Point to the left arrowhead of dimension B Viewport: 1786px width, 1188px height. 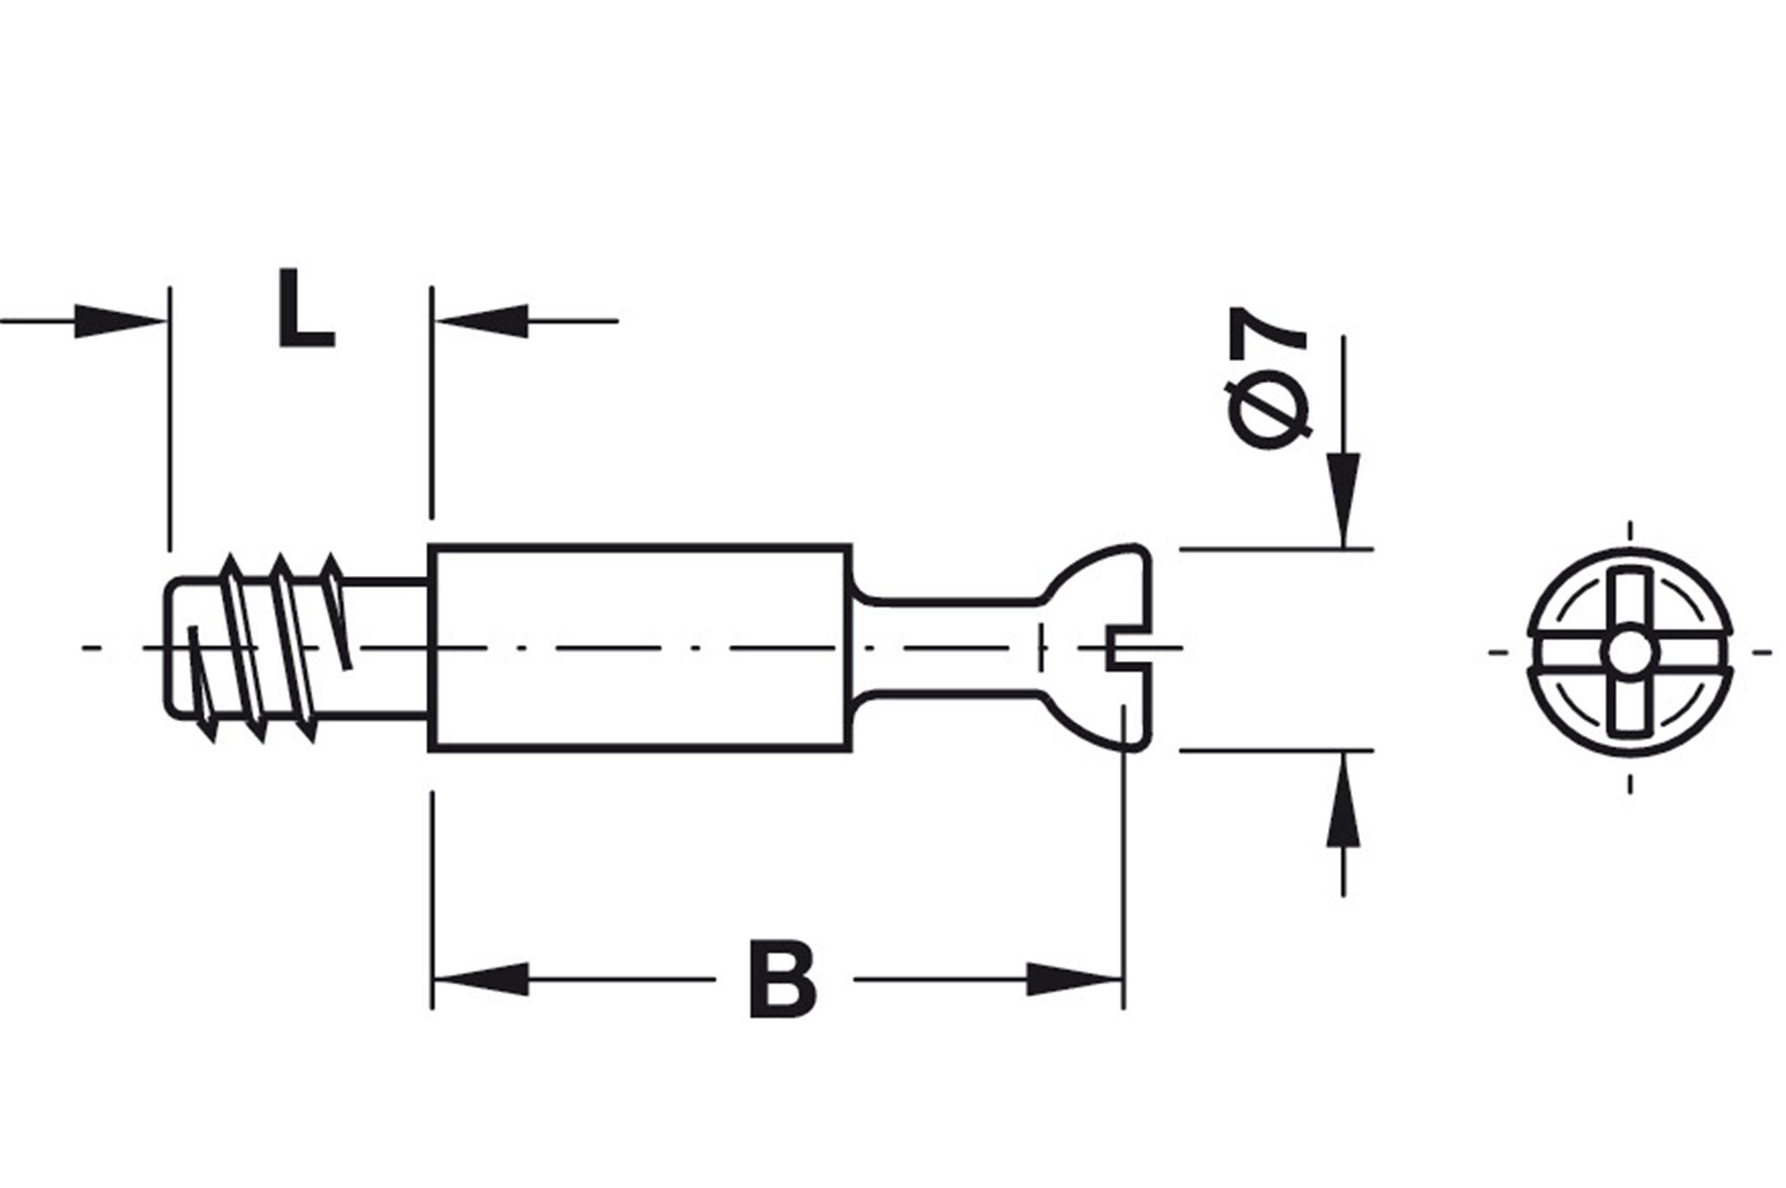482,979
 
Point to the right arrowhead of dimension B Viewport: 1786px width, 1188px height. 1072,979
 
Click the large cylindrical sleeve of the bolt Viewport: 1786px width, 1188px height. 638,648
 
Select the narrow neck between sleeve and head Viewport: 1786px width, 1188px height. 947,648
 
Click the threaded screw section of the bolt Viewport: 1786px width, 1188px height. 268,648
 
